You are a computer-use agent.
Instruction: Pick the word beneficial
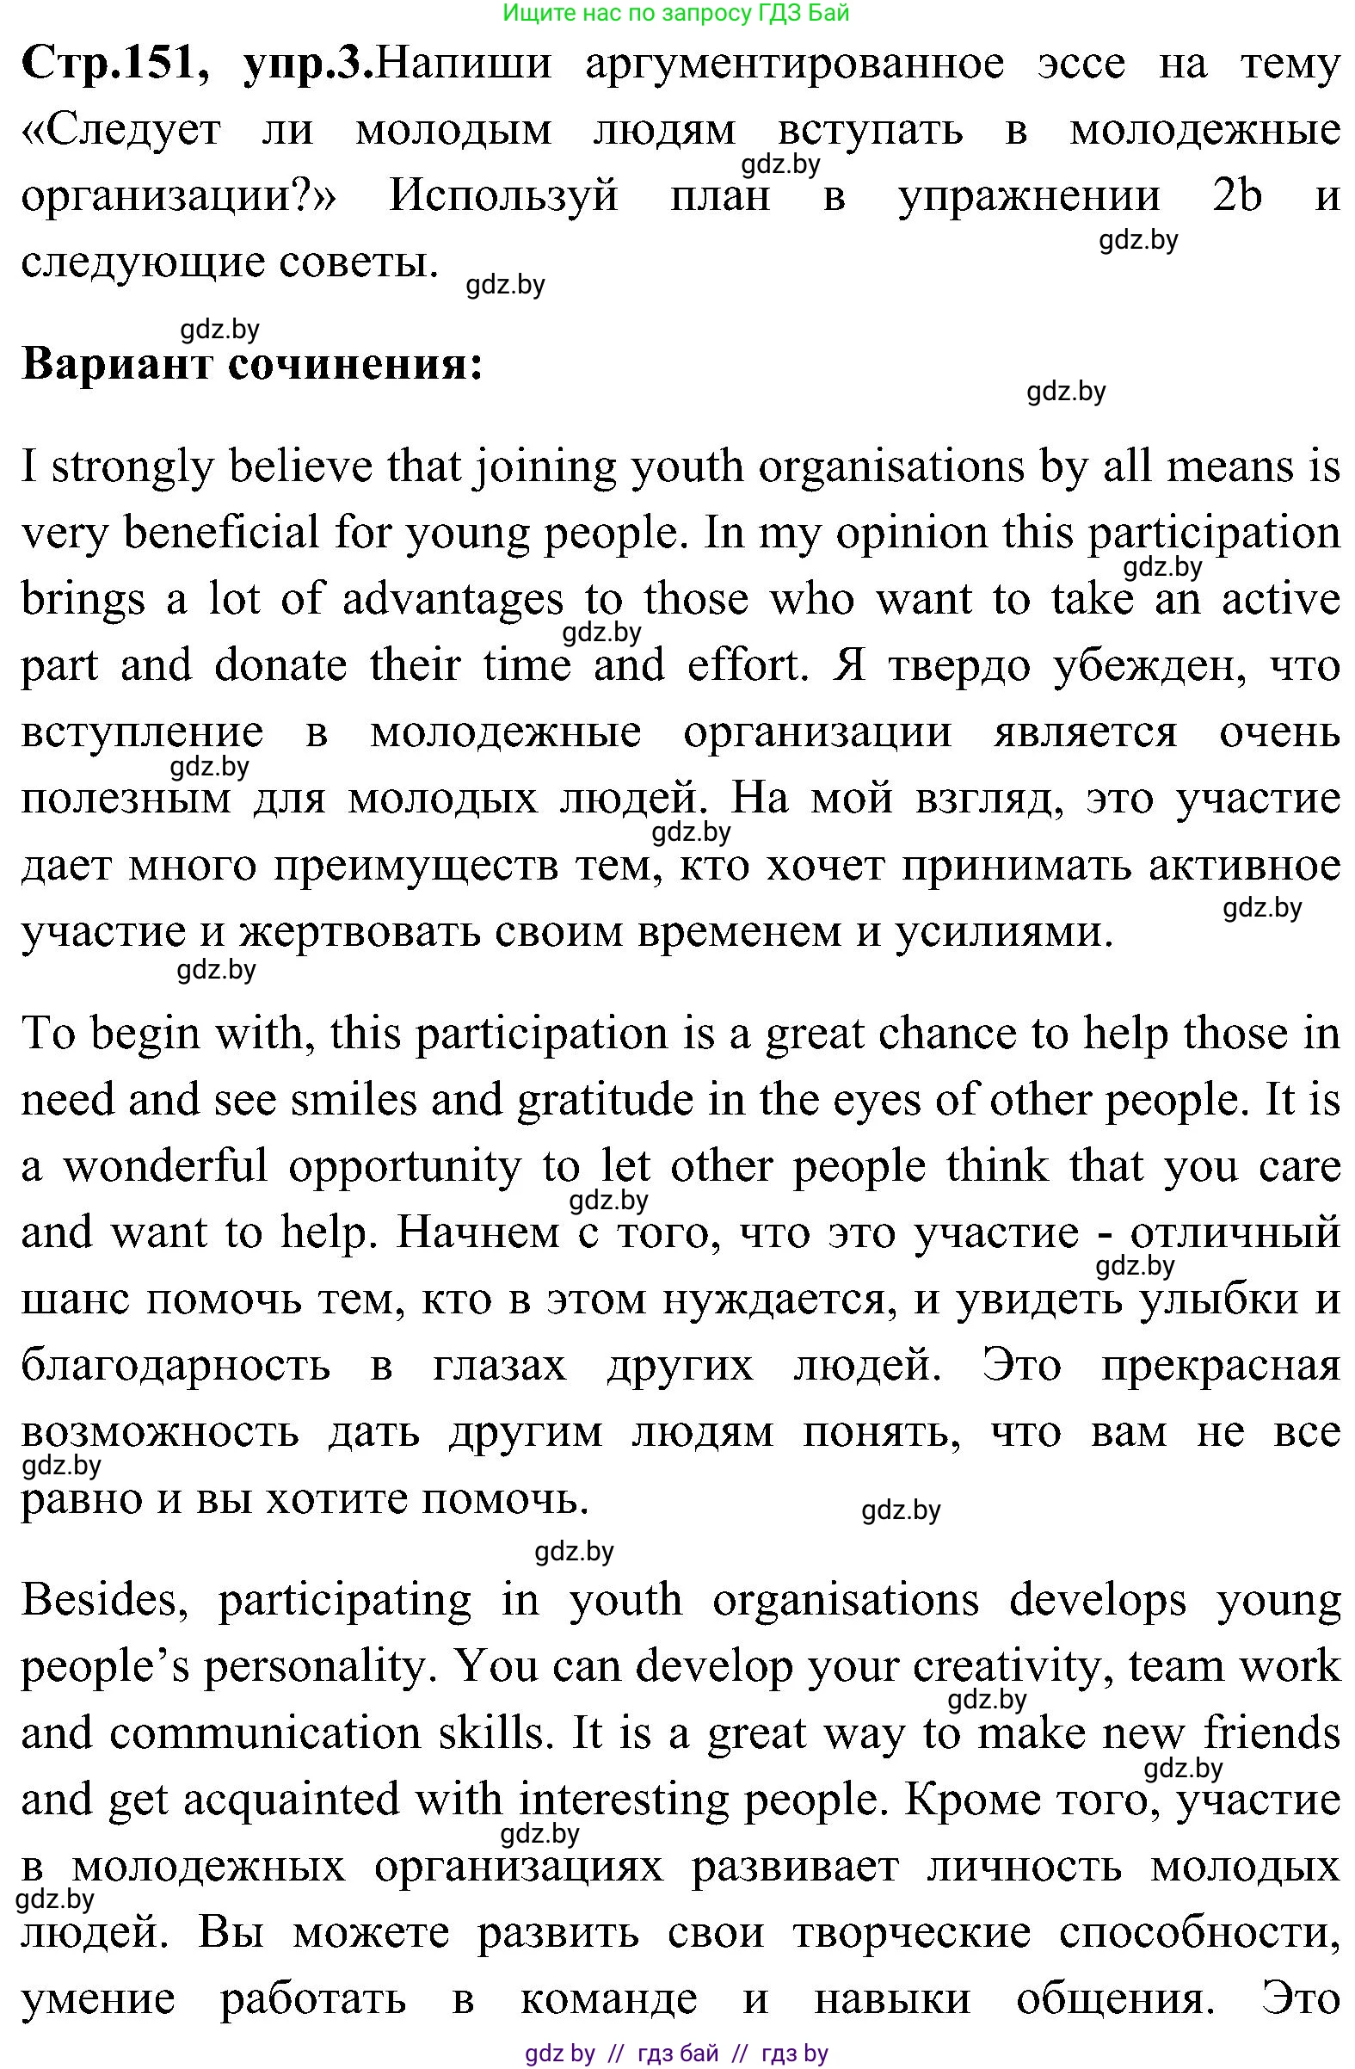pos(222,533)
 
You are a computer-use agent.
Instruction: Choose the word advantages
pos(453,600)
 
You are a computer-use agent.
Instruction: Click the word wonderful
pos(165,1166)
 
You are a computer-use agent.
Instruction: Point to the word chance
pos(947,1034)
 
